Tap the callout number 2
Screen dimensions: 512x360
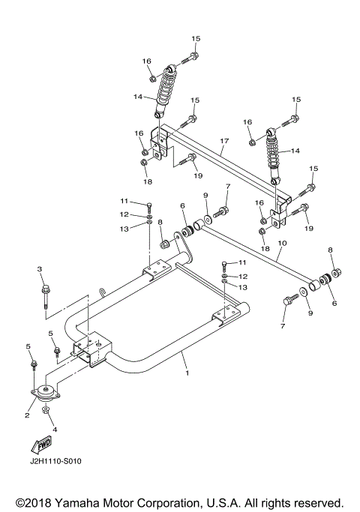click(x=27, y=415)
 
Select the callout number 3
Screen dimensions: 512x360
click(x=40, y=268)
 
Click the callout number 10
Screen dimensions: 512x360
click(x=282, y=244)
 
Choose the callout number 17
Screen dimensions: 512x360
click(x=223, y=140)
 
